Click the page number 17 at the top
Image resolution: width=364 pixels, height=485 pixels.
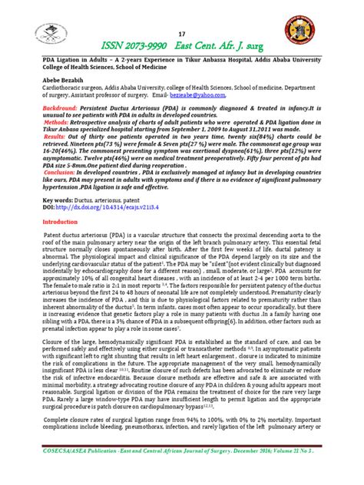tap(182, 33)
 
